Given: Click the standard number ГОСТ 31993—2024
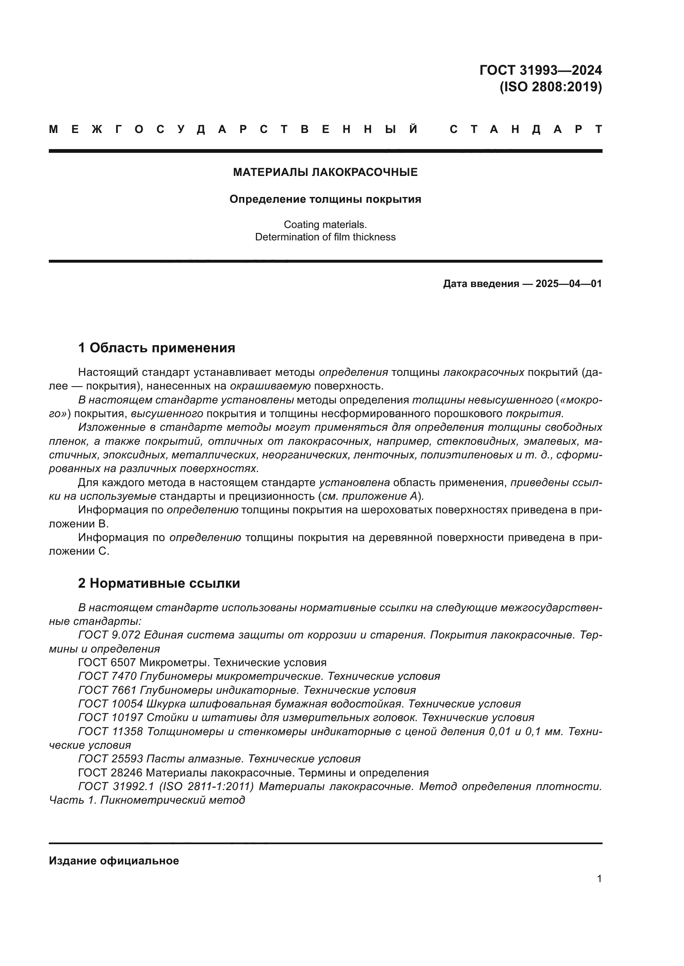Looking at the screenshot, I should pos(541,70).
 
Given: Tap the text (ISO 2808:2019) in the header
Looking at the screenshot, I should pos(550,87).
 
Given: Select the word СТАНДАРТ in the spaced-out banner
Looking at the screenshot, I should pos(526,130).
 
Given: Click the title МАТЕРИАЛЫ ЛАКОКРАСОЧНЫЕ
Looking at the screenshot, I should pos(325,172).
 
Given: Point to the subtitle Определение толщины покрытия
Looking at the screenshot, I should pos(325,199).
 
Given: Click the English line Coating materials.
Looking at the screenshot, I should pos(325,225).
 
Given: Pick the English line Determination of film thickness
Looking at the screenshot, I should pos(325,237).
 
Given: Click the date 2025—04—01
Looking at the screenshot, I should pos(569,284).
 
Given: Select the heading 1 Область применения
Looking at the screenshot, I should pos(157,348).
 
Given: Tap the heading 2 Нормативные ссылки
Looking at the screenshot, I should pos(159,584).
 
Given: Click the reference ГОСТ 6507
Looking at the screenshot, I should pos(107,662).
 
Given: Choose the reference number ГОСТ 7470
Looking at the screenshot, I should pos(108,676).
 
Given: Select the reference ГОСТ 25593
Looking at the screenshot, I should pos(110,759).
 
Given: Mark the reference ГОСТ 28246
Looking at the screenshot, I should pos(110,773).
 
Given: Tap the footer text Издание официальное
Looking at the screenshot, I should pos(114,861).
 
